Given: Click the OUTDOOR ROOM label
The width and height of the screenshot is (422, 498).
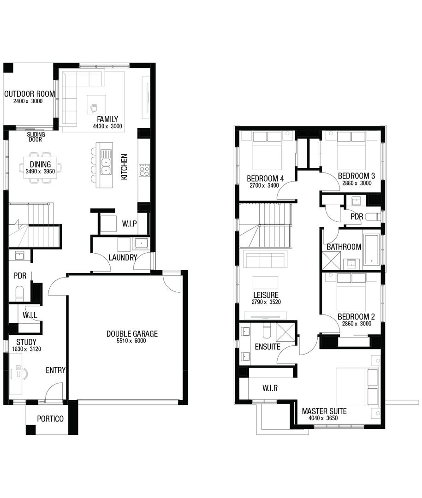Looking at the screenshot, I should pos(30,94).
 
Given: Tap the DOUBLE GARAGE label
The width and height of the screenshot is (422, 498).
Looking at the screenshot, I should pos(132,334).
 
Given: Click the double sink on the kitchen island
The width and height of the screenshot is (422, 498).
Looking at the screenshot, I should pos(106,166).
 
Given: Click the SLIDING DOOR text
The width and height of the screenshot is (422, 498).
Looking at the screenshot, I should pos(36,137).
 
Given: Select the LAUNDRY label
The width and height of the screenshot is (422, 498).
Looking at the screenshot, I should pos(122,257).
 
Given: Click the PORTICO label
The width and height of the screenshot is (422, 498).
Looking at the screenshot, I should pos(49,419).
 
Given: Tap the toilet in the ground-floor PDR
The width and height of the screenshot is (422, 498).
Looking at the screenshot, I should pos(20,293).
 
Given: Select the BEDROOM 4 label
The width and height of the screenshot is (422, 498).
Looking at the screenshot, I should pos(265,178).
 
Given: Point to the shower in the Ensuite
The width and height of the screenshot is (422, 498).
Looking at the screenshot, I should pos(286,332).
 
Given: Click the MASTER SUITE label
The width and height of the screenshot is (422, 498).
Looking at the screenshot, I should pos(324,411).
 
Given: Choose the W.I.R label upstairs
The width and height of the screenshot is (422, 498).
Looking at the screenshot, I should pos(270,388).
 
